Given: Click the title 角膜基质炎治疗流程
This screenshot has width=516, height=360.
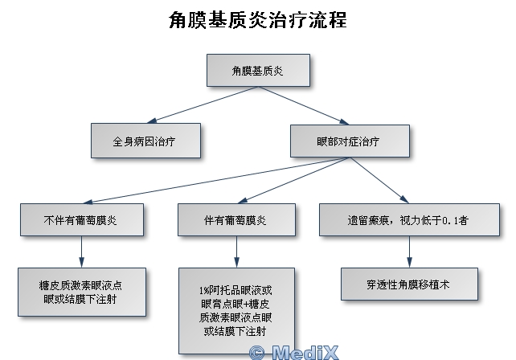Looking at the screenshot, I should [x=258, y=20].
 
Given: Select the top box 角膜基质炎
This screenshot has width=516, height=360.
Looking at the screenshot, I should [x=258, y=71].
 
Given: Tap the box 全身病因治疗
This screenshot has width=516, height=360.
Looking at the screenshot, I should [x=144, y=140].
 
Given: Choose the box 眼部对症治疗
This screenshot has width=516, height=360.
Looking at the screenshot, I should [x=348, y=140].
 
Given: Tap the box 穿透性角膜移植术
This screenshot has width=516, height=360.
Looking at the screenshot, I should [x=410, y=283].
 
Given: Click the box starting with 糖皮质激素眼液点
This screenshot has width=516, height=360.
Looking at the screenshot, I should [x=81, y=292].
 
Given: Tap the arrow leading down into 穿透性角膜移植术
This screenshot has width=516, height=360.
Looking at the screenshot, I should [x=410, y=250].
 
